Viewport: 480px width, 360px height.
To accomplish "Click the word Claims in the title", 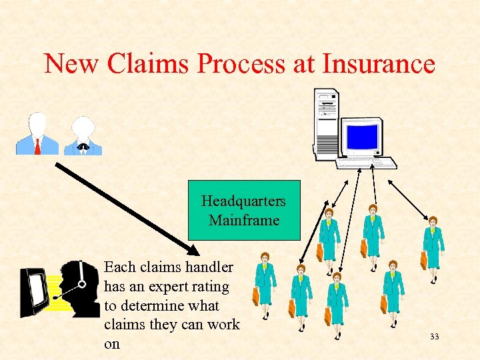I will click(x=149, y=64).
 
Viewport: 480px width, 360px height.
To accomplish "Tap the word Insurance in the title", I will click(x=379, y=64).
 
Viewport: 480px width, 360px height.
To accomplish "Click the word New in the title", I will click(x=70, y=64).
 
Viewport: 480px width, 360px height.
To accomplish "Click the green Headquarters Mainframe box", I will click(x=244, y=209).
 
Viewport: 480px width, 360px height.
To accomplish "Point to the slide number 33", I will click(x=435, y=337).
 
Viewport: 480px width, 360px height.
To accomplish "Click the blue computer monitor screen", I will click(x=363, y=137).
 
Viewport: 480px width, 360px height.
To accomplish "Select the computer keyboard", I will click(x=366, y=162).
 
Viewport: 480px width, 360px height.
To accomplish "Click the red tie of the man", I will click(x=37, y=146).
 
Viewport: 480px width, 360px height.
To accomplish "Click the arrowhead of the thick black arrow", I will click(x=193, y=251).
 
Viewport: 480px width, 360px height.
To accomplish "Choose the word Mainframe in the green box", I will click(x=244, y=219).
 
